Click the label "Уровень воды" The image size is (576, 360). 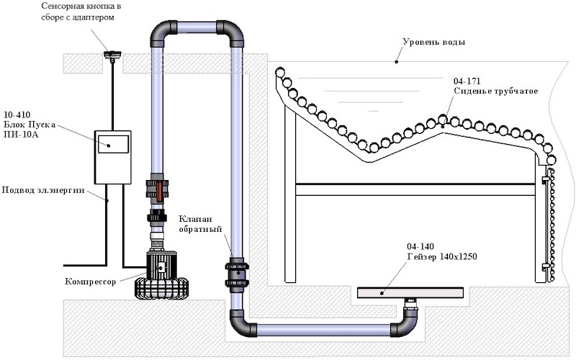434,42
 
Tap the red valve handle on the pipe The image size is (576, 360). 159,192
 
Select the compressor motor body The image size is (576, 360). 161,265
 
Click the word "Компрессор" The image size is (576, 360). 91,282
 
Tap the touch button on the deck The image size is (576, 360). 112,55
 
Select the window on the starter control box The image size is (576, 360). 113,144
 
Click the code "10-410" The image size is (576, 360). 17,114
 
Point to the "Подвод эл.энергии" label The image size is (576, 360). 43,190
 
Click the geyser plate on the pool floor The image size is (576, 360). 410,292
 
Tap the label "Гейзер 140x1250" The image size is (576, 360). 442,256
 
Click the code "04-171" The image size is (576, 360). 467,81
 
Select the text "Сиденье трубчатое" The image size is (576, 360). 495,91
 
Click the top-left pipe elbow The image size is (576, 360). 161,32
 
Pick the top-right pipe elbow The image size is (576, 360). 232,32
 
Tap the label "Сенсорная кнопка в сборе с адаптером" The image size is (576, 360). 81,12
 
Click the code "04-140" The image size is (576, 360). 420,246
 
